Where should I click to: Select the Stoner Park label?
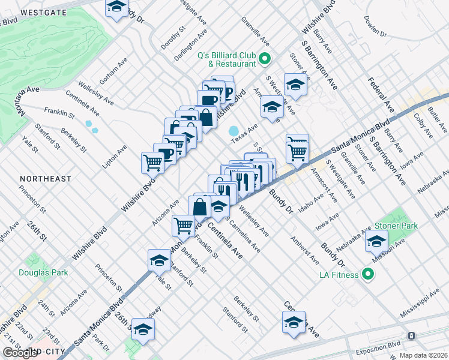396,226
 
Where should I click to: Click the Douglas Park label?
44,272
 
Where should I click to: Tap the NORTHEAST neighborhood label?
45,179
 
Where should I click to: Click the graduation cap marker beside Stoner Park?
376,242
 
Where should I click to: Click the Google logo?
20,353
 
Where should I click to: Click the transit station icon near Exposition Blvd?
411,336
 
